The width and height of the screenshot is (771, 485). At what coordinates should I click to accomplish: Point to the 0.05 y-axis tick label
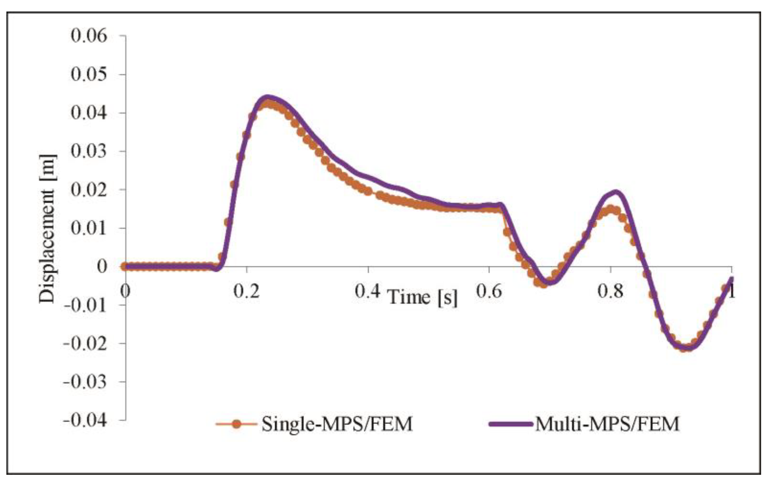[x=89, y=74]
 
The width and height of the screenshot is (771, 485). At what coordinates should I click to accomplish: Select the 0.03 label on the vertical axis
[x=89, y=151]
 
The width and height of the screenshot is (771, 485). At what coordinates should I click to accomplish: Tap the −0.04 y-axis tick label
[x=85, y=420]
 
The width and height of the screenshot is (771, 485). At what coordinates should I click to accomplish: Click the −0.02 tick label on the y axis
[x=85, y=343]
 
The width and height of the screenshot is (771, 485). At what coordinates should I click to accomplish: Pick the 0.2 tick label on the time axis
[x=246, y=291]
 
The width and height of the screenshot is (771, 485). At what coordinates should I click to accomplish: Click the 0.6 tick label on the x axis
[x=488, y=291]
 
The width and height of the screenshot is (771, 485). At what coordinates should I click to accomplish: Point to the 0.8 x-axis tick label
[x=610, y=291]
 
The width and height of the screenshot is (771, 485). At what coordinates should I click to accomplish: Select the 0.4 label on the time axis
[x=367, y=291]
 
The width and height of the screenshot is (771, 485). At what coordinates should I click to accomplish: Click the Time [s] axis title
[x=423, y=297]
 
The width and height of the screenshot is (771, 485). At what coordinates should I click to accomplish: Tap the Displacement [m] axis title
[x=47, y=229]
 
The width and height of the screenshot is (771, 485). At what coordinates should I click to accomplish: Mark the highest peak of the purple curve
[x=268, y=97]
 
